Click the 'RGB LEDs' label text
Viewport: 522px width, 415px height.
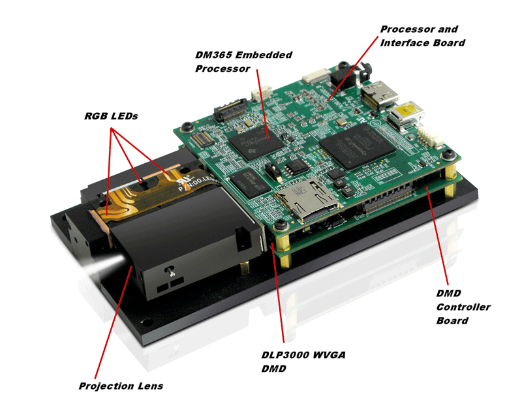tap(111, 116)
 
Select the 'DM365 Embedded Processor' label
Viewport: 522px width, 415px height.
tap(243, 61)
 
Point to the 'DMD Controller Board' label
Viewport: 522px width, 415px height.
tap(463, 307)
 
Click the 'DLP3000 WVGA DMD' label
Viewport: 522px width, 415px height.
tap(302, 361)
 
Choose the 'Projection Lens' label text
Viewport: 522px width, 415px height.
tap(121, 386)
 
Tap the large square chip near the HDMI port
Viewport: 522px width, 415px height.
tap(357, 147)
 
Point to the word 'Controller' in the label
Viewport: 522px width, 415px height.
tap(463, 307)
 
